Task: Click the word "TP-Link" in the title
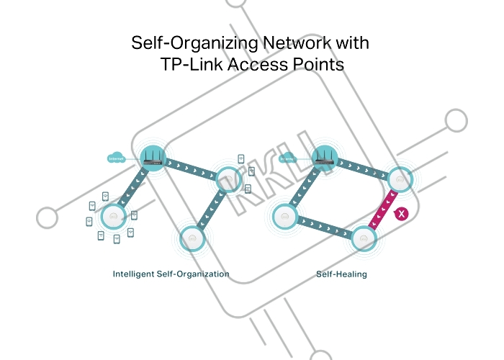(190, 65)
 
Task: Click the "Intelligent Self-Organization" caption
(171, 274)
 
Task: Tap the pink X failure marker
(401, 214)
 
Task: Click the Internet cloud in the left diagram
(115, 158)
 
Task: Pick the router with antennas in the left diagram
(153, 158)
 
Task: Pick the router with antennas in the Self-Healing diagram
(324, 158)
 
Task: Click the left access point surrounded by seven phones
(112, 215)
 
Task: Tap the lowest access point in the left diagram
(191, 238)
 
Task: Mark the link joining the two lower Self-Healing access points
(324, 228)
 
